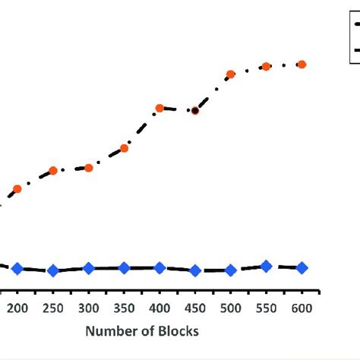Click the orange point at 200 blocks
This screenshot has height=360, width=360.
click(x=17, y=188)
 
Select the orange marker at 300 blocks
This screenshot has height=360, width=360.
click(x=89, y=167)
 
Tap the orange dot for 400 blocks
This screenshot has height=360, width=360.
click(x=159, y=109)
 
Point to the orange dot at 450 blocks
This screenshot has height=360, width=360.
click(x=195, y=111)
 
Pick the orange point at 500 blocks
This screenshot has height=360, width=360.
click(x=231, y=74)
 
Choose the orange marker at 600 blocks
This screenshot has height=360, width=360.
click(x=302, y=65)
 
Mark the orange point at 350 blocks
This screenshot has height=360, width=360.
click(x=125, y=148)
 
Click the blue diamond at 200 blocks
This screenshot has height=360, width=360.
click(x=17, y=269)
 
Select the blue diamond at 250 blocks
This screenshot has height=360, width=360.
click(x=53, y=270)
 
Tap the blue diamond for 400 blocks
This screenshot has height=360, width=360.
click(x=159, y=268)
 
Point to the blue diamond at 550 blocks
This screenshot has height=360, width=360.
click(x=266, y=266)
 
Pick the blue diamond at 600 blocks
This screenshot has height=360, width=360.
click(x=302, y=267)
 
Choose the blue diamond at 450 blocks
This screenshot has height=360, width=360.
click(x=195, y=270)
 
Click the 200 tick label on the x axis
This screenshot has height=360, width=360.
click(x=17, y=308)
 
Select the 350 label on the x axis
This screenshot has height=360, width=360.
click(x=125, y=308)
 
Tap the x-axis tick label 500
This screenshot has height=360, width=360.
click(x=231, y=308)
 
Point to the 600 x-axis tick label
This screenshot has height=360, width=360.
click(x=302, y=308)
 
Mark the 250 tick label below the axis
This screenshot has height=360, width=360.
click(x=53, y=308)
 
